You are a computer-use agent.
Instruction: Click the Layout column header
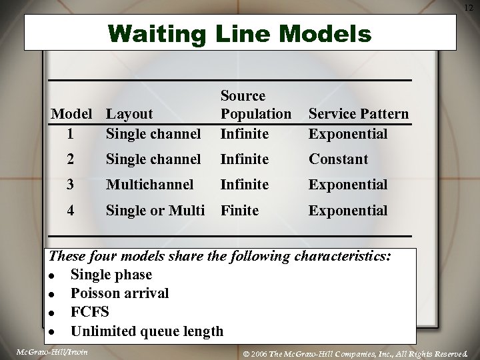[x=129, y=114]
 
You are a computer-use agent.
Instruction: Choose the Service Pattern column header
[x=358, y=114]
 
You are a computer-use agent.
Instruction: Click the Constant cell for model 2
[x=338, y=159]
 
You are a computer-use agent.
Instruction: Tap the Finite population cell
[x=239, y=211]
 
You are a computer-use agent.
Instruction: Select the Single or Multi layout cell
[x=155, y=211]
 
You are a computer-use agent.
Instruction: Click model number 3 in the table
[x=72, y=184]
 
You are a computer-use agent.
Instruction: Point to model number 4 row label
[x=72, y=211]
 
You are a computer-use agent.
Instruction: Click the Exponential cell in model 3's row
[x=347, y=184]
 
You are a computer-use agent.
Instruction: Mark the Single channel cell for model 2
[x=153, y=159]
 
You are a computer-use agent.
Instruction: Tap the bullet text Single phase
[x=111, y=275]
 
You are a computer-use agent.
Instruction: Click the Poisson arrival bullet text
[x=119, y=293]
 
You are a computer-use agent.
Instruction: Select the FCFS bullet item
[x=91, y=312]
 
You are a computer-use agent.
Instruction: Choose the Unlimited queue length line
[x=147, y=331]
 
